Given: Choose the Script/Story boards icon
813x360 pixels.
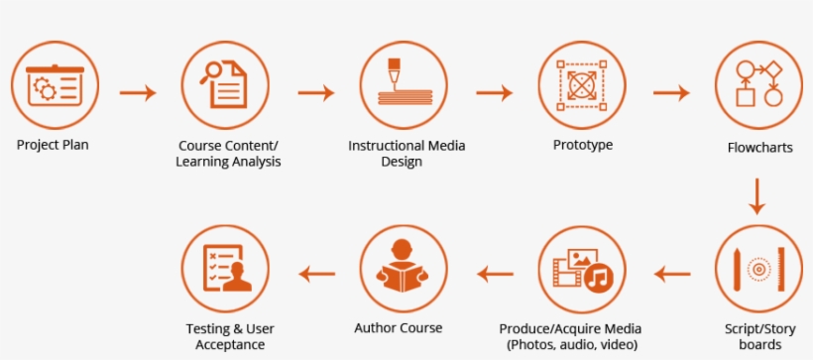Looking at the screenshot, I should (758, 269).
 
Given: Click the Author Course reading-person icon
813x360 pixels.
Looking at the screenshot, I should (406, 269).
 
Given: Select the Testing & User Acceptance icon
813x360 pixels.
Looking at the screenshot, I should (227, 269).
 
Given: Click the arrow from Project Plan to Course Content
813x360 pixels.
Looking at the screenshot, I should (138, 93).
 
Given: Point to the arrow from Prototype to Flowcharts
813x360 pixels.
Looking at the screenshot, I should (671, 93).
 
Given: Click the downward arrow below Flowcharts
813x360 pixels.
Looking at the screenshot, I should (758, 195).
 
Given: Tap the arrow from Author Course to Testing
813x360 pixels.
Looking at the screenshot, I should (316, 273).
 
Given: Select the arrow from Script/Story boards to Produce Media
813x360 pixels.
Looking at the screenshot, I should (671, 273).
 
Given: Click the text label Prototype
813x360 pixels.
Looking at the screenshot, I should (583, 145).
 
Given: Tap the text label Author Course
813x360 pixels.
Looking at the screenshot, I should (399, 328).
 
